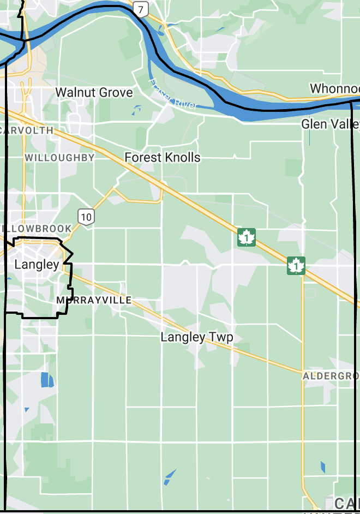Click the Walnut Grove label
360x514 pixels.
94,92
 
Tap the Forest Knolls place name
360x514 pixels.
162,158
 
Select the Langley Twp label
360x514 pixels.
196,337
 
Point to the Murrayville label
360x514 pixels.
94,300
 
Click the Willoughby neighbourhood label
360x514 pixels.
59,157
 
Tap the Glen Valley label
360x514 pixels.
331,124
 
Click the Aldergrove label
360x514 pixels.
331,376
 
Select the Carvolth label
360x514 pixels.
27,130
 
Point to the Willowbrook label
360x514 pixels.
36,228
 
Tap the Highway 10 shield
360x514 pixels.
86,216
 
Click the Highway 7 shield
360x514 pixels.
141,9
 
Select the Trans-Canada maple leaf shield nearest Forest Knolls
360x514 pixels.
247,237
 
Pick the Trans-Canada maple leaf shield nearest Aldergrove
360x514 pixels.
296,266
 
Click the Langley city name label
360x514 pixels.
37,265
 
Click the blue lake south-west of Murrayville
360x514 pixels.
47,379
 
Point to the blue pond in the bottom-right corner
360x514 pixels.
323,467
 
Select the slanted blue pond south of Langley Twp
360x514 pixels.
170,476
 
